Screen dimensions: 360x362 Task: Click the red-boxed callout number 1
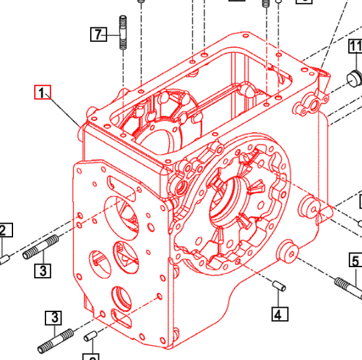pyautogui.click(x=42, y=93)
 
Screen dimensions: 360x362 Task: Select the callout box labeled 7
pyautogui.click(x=98, y=34)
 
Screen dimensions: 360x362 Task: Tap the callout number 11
pyautogui.click(x=355, y=46)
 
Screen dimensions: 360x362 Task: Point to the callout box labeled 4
pyautogui.click(x=279, y=314)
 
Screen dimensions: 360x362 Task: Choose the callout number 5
pyautogui.click(x=355, y=260)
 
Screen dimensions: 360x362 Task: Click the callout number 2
pyautogui.click(x=2, y=230)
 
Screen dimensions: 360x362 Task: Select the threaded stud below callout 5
pyautogui.click(x=349, y=289)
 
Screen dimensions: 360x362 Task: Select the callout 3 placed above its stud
pyautogui.click(x=53, y=318)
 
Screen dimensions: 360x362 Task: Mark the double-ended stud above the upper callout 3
pyautogui.click(x=41, y=247)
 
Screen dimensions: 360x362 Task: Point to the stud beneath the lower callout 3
pyautogui.click(x=60, y=340)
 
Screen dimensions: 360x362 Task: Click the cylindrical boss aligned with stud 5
pyautogui.click(x=289, y=252)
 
